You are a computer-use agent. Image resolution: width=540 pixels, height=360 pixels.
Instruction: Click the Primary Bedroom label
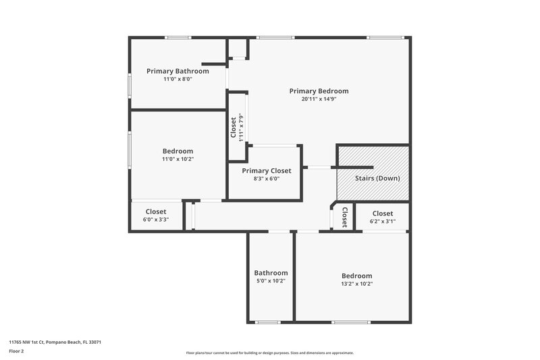click(x=319, y=91)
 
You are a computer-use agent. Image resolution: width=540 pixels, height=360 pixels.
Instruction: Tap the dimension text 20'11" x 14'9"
click(x=319, y=99)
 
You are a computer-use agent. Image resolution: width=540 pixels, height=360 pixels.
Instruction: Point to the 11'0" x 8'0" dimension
click(x=178, y=79)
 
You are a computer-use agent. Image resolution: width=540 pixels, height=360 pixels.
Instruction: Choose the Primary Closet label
click(x=267, y=171)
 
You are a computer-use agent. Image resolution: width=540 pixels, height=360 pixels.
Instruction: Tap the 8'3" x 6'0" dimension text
click(x=267, y=179)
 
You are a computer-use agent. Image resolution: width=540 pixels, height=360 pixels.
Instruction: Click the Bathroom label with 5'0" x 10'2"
click(x=271, y=273)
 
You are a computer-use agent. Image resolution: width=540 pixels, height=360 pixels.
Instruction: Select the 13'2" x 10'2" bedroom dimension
click(x=356, y=284)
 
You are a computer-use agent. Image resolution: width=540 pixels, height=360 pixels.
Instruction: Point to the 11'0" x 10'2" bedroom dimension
click(x=178, y=159)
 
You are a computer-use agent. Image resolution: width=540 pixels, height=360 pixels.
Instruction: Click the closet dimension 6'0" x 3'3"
click(x=156, y=220)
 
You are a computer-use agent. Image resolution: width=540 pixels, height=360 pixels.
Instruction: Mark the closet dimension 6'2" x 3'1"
click(x=383, y=221)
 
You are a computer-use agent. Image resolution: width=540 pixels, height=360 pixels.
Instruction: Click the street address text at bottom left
click(x=55, y=342)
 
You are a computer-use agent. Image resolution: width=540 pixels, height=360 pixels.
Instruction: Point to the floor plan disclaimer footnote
click(x=269, y=353)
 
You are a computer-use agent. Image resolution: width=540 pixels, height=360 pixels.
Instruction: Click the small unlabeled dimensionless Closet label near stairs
click(x=344, y=217)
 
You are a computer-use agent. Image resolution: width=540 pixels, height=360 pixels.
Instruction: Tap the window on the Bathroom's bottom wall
click(x=268, y=322)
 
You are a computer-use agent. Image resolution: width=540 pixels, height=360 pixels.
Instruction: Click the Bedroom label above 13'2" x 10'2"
click(x=356, y=276)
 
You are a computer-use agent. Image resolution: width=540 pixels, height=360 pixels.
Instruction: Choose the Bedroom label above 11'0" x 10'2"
click(x=178, y=151)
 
